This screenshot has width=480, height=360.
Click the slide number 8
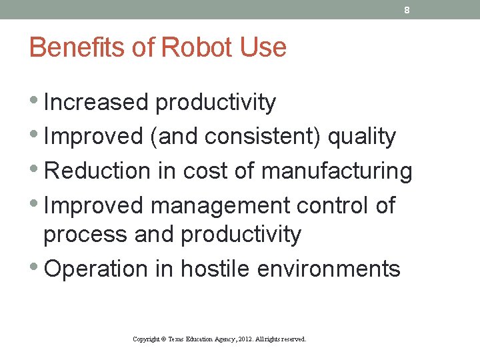coord(407,10)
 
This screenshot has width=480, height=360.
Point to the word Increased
coord(96,103)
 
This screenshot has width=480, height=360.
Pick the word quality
coord(363,137)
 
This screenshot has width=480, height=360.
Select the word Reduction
coord(97,171)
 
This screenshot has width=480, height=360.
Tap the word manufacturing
coord(337,171)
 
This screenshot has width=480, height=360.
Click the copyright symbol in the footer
coord(163,339)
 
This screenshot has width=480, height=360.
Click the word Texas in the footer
coord(176,339)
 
